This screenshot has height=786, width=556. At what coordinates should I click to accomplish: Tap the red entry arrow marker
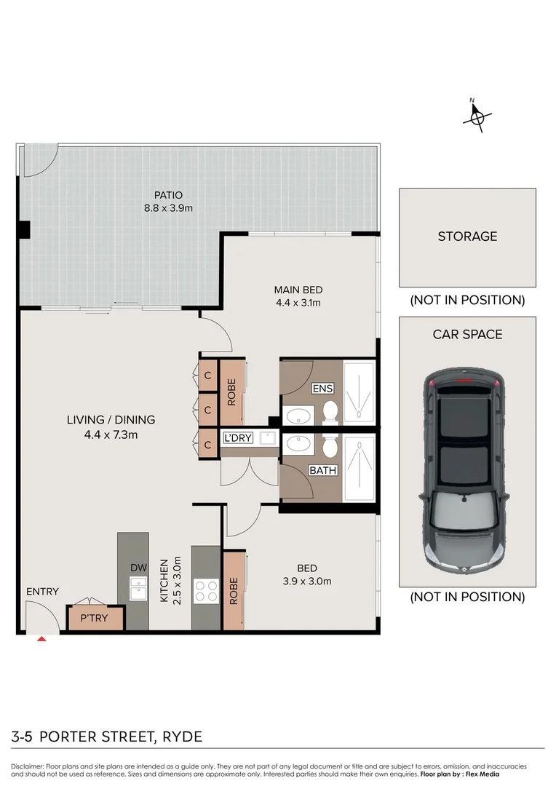(42, 638)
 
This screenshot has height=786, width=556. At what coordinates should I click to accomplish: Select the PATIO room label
(168, 195)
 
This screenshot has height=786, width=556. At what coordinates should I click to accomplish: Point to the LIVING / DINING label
(111, 420)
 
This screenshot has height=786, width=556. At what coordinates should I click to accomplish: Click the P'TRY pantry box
(95, 618)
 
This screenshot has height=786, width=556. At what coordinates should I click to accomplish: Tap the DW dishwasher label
(138, 567)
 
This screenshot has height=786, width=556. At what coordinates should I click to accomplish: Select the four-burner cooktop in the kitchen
(206, 589)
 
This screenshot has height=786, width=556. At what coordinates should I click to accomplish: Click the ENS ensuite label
(322, 389)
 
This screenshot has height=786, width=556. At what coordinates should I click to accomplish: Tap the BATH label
(322, 470)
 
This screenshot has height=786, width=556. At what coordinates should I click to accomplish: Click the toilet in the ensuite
(330, 411)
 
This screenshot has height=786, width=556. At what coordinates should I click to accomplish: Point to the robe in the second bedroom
(233, 591)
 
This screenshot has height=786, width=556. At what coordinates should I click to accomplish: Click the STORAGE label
(467, 237)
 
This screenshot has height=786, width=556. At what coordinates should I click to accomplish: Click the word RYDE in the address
(181, 737)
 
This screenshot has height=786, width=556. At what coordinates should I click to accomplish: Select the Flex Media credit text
(477, 775)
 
